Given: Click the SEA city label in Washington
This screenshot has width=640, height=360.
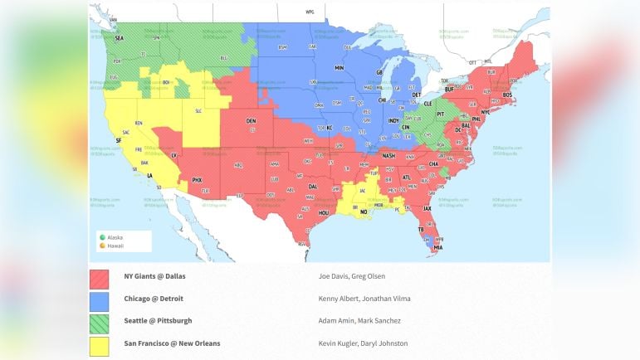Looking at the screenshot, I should coord(119,38).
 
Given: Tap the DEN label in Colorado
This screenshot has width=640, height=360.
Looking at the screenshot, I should coord(251,120).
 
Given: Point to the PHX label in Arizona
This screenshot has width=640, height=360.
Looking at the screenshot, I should coord(197,180).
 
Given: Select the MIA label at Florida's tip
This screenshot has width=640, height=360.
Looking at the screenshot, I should coord(437,247).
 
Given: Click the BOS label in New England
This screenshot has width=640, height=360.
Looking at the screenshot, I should coord(506,95).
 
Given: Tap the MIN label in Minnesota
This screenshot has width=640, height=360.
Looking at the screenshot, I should coord(339,67).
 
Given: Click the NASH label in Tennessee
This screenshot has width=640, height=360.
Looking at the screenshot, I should coord(388,156).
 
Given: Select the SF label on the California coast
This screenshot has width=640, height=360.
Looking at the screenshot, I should coord(119,140).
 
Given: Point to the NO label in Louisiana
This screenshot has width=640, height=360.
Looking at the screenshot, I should coord(364,212).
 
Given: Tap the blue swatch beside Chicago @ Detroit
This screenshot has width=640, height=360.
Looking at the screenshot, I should coord(99,299).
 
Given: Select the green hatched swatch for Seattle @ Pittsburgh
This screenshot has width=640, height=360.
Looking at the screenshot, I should coord(99,321).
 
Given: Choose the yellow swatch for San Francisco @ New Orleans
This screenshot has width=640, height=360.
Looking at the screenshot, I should coord(99,343).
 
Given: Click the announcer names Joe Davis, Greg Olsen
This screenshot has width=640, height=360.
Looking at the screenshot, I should coord(352,276).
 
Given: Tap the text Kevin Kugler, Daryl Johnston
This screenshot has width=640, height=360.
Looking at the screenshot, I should coord(363,343).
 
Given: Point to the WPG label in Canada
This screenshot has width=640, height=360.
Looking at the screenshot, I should coord(310,12).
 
